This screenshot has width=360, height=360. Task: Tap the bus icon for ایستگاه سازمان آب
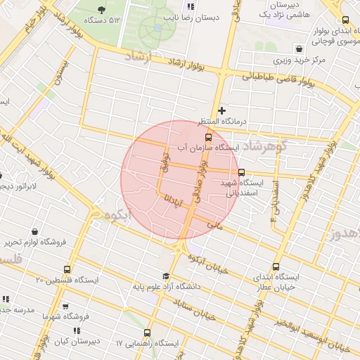pos(207,137)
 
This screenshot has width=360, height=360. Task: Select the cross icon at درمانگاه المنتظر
pos(222,110)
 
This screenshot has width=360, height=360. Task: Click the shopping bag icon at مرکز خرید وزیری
pos(300,49)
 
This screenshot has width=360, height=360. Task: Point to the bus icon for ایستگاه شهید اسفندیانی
pos(242,172)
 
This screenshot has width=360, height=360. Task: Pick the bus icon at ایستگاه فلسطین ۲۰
pos(67,269)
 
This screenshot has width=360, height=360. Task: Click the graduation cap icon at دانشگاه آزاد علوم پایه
pos(166,276)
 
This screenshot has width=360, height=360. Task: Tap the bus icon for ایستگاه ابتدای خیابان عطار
pos(275,267)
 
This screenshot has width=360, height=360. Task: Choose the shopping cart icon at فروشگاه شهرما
pos(65,307)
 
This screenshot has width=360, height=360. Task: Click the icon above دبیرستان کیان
pos(76,330)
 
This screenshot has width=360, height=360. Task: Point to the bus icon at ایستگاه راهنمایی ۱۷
pos(146,333)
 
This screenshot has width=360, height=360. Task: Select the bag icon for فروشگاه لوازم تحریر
pos(35,231)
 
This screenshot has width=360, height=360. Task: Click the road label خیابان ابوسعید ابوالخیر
pos(309,333)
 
